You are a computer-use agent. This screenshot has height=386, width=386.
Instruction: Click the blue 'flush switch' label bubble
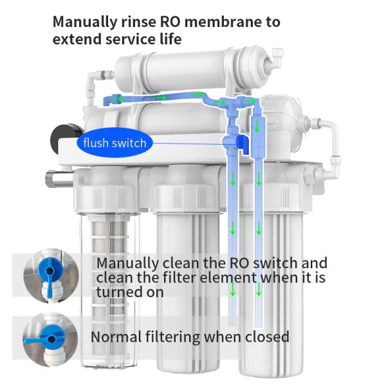click(115, 143)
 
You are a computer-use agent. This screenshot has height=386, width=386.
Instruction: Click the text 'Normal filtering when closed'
click(190, 336)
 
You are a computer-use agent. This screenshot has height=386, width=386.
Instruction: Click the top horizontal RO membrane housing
click(187, 71)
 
